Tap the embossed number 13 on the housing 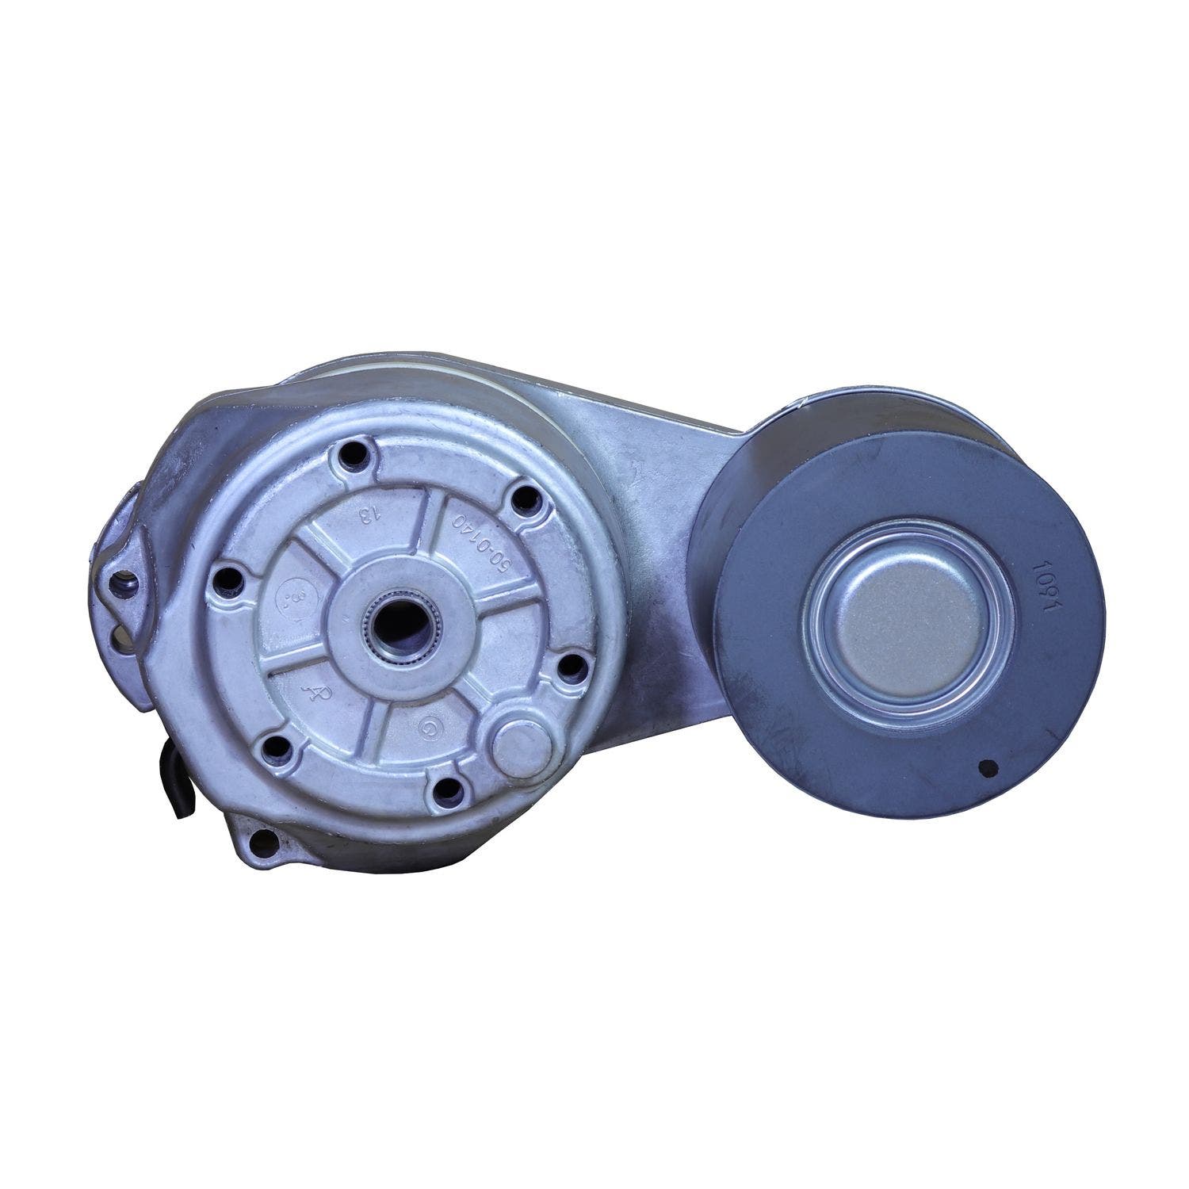(x=367, y=515)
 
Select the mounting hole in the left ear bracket (x=124, y=587)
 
